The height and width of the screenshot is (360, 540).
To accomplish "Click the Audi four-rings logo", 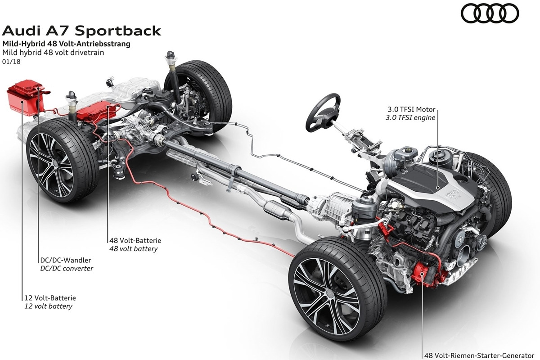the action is tap(490, 13).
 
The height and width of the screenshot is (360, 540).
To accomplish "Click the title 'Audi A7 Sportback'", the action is tap(81, 31).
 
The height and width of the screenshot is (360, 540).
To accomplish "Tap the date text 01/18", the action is tap(11, 62).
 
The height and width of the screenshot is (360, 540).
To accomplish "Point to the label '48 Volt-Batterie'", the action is tap(135, 240).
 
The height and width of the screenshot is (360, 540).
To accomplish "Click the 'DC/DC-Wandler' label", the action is tap(66, 260).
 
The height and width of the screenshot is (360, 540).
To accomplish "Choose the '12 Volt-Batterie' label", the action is tap(50, 298).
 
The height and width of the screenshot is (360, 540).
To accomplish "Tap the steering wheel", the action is tap(324, 112).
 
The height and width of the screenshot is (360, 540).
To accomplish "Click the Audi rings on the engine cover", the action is tap(451, 193).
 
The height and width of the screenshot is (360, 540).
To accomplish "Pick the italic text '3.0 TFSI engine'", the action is tap(410, 117).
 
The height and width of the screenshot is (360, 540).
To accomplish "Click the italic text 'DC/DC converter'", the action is tap(67, 268).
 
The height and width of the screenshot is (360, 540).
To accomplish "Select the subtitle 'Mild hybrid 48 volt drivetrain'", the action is tap(53, 53).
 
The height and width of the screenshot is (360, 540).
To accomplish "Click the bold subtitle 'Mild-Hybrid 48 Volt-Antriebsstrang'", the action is tap(66, 44).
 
